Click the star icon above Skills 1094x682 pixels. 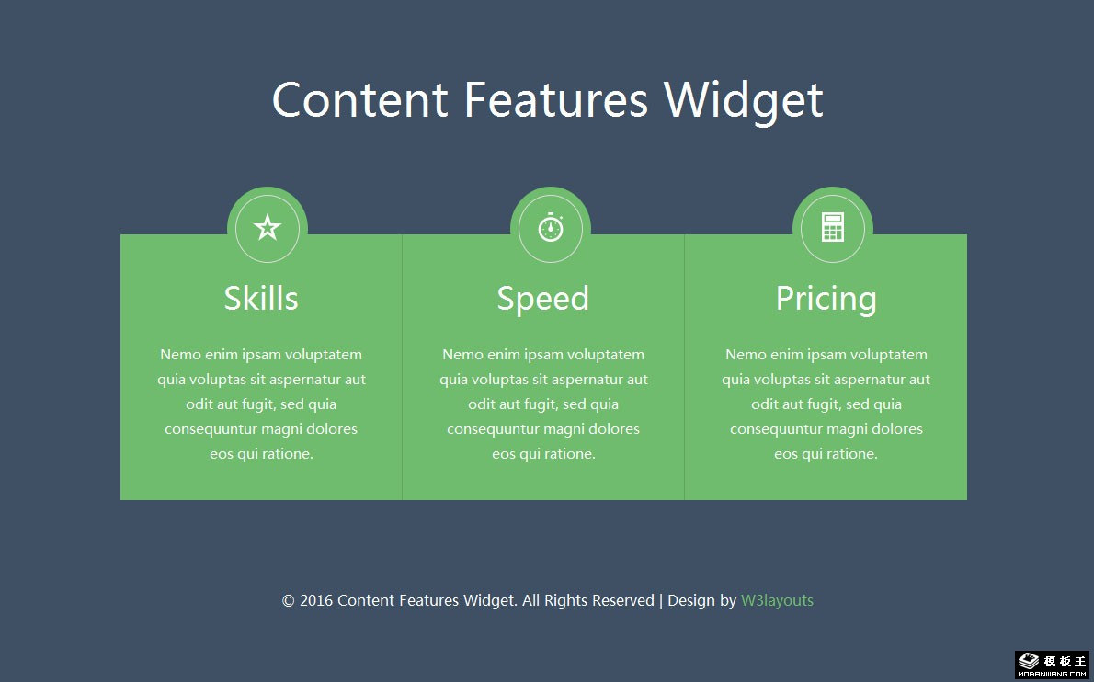[268, 227]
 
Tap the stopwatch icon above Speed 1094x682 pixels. [551, 227]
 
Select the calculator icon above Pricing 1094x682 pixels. [832, 227]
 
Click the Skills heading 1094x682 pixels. [261, 299]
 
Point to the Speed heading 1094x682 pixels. [542, 300]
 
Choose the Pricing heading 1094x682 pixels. [826, 300]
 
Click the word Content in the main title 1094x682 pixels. [359, 99]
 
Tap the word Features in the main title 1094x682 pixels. [556, 99]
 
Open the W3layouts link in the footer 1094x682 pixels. [777, 600]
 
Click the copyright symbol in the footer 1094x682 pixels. [288, 600]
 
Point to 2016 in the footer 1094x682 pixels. [316, 600]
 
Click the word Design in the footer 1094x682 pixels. [691, 601]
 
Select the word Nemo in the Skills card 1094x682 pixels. [180, 354]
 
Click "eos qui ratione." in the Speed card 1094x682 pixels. [543, 454]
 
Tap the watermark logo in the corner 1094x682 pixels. [1052, 664]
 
